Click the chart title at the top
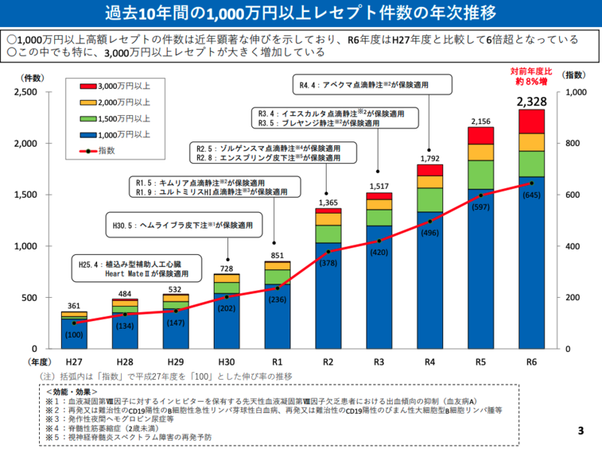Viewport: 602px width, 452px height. (x=301, y=14)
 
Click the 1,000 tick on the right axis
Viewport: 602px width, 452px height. (x=573, y=93)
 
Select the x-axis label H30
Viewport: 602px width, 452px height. (x=226, y=363)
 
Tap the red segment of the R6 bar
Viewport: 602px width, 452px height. (x=532, y=121)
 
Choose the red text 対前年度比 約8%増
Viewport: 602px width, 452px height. (x=532, y=77)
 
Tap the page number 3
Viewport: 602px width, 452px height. (x=581, y=431)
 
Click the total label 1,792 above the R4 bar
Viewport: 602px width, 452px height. (x=430, y=158)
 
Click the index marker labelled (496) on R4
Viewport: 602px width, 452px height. (x=430, y=221)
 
